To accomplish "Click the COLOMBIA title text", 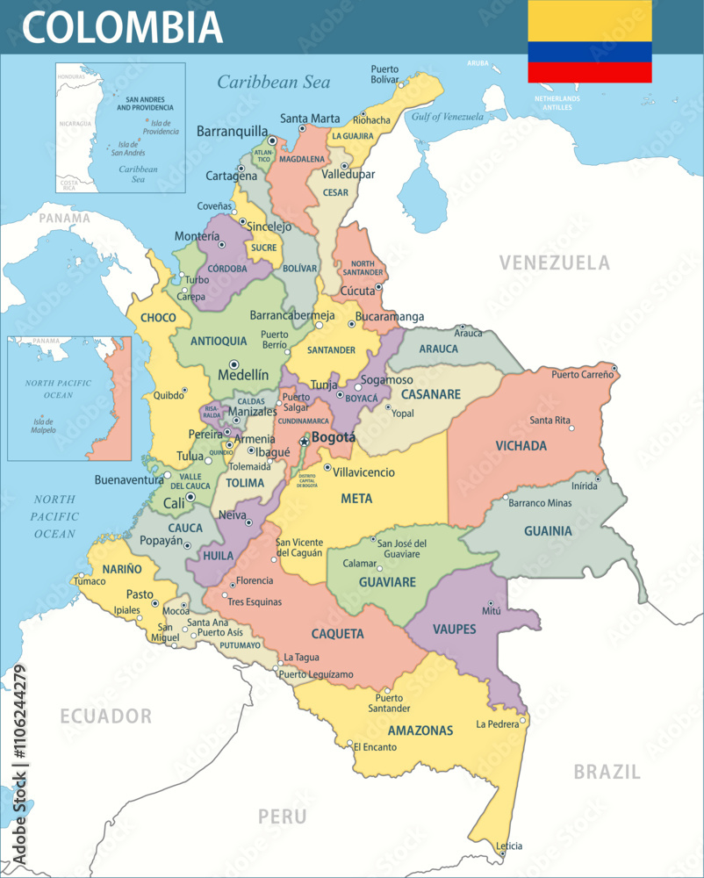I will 123,26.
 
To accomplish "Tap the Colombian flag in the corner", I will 589,40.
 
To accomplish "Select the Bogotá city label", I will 334,437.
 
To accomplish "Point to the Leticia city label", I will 509,846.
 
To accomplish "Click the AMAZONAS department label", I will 420,730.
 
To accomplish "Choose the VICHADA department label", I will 521,445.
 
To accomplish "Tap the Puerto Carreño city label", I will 583,375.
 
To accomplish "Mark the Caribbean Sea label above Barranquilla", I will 274,83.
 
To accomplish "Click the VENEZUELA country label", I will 554,263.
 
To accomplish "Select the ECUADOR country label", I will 105,716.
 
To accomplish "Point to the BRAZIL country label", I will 607,772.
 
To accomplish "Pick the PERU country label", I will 282,817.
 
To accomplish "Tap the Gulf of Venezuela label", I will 448,117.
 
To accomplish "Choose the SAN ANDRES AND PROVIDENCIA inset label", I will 147,104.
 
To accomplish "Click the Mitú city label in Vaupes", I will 492,609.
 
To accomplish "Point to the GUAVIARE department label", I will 386,581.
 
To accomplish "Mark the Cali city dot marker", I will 190,497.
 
